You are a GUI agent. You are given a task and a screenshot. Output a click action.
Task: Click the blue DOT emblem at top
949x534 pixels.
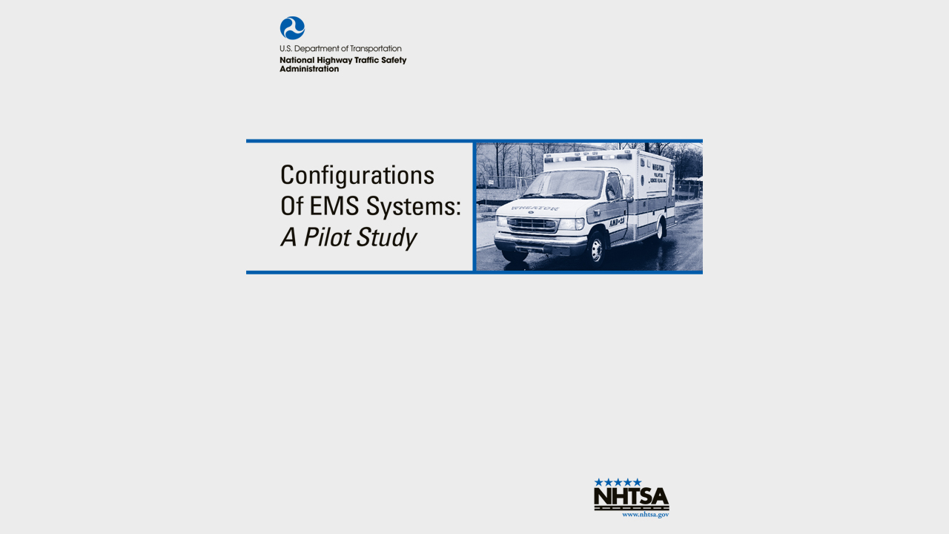(x=292, y=28)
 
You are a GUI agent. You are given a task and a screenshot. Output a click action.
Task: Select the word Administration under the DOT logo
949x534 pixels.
(x=309, y=69)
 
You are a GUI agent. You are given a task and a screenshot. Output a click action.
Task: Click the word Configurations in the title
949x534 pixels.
(x=357, y=176)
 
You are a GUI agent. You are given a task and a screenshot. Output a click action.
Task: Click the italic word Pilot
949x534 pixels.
(x=327, y=237)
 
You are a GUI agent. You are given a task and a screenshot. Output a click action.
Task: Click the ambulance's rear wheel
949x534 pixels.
(x=659, y=230)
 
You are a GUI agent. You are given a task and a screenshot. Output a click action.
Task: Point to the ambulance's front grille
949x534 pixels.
(x=533, y=224)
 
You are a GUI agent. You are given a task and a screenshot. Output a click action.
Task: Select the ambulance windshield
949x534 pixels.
(x=572, y=184)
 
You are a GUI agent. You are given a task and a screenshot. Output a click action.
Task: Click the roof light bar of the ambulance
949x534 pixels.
(x=586, y=157)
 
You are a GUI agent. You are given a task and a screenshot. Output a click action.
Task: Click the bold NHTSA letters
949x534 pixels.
(x=631, y=498)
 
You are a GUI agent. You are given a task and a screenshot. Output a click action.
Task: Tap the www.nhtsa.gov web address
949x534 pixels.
(x=645, y=514)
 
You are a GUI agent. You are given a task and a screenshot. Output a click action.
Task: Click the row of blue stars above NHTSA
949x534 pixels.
(x=618, y=482)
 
